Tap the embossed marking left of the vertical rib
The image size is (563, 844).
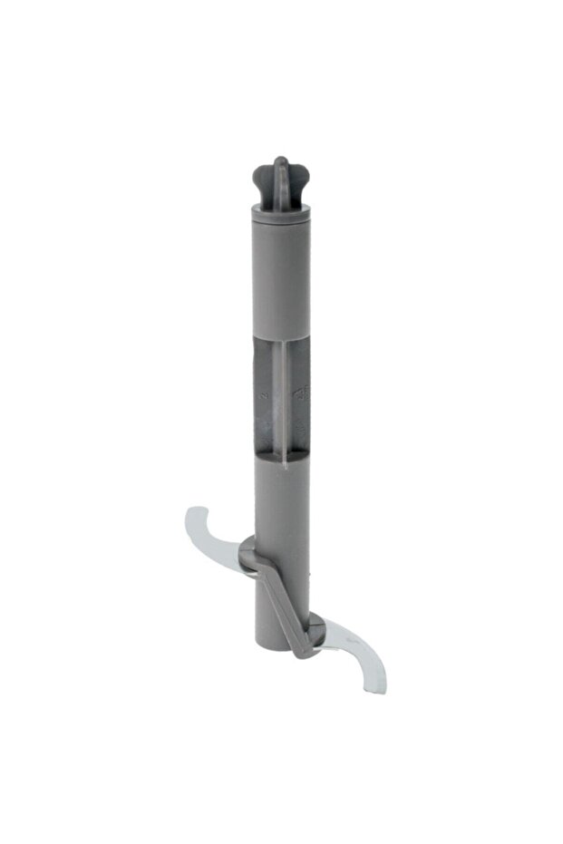(x=264, y=395)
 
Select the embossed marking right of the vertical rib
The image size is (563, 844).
(x=300, y=393)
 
